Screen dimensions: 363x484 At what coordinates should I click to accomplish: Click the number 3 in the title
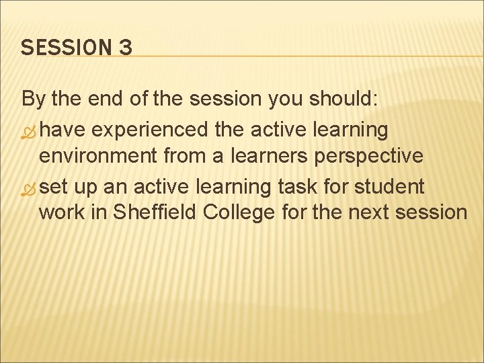point(124,48)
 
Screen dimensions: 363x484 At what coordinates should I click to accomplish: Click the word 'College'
point(239,212)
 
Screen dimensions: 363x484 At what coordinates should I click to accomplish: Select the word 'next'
point(356,212)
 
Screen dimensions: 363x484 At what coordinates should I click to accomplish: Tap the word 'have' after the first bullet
point(63,128)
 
